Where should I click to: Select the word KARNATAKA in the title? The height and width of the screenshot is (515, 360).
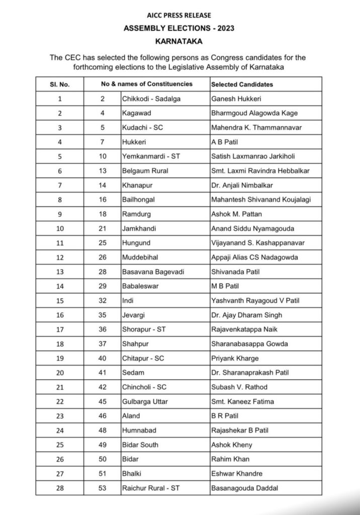(x=179, y=41)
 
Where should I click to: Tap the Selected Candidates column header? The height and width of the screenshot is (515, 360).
(x=242, y=84)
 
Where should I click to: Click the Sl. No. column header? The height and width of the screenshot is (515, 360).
(x=60, y=84)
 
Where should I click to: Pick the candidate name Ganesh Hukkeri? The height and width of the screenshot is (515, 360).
(x=235, y=99)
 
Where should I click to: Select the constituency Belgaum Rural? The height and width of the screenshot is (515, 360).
(x=145, y=171)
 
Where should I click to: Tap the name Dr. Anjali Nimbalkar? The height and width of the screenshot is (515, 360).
(x=242, y=186)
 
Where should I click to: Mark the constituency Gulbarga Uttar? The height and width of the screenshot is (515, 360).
(x=146, y=401)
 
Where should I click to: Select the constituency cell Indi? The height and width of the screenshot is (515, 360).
(x=129, y=301)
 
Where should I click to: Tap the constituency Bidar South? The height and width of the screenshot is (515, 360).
(x=140, y=445)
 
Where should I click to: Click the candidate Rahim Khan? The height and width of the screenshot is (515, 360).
(x=230, y=459)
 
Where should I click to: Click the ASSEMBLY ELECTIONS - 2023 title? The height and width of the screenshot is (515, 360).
(x=179, y=29)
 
